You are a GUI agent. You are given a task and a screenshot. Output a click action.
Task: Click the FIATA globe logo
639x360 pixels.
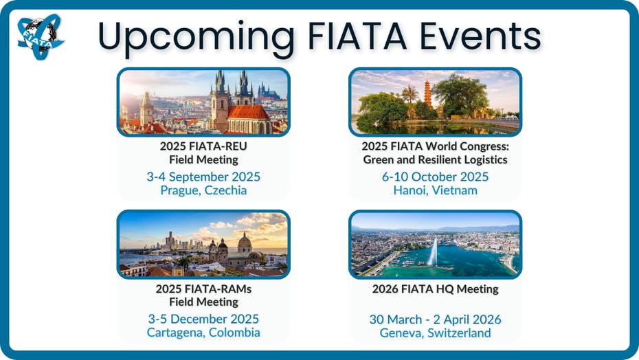[x=41, y=36]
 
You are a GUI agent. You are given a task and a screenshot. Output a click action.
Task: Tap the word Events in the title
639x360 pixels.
[x=480, y=36]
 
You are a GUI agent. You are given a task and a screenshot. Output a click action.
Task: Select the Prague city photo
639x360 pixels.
[x=203, y=102]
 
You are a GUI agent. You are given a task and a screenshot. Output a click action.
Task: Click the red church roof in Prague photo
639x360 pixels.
[x=248, y=112]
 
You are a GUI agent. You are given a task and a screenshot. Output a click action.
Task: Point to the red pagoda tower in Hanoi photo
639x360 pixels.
[x=428, y=93]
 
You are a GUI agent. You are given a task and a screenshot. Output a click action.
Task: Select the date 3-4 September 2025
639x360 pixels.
[x=203, y=177]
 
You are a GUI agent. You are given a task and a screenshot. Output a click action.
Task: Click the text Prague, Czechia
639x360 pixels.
[x=203, y=190]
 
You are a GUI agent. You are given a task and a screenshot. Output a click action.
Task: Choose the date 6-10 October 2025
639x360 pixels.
[x=435, y=177]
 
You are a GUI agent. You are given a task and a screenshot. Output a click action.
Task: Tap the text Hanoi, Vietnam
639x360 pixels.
[x=435, y=190]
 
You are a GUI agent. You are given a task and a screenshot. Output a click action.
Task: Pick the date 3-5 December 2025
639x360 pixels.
[x=203, y=319]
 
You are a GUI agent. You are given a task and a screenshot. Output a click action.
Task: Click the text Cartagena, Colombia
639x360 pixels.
[x=203, y=333]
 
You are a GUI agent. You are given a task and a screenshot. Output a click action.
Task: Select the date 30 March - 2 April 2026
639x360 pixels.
[x=435, y=319]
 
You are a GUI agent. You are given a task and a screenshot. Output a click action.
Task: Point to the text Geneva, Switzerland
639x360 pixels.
[x=435, y=333]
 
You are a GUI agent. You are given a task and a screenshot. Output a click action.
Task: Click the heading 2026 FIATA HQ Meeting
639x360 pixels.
[x=435, y=289]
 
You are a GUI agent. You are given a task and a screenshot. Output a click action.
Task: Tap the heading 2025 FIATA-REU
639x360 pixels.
[x=203, y=146]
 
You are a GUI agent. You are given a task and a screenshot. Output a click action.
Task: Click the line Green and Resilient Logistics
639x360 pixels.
[x=435, y=159]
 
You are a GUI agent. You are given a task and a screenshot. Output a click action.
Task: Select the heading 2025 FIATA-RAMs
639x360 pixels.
[x=203, y=289]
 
